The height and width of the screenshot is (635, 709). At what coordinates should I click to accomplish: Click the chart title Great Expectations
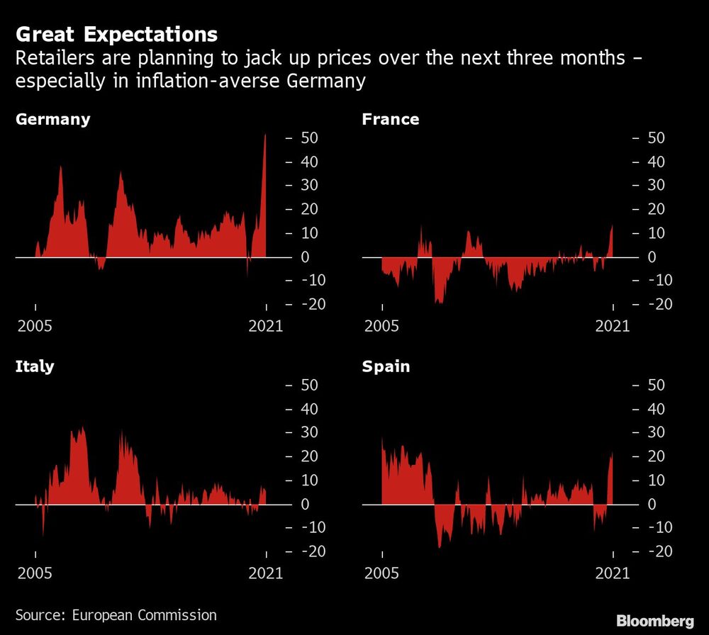(x=116, y=34)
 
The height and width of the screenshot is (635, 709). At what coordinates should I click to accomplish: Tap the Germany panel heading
(x=53, y=119)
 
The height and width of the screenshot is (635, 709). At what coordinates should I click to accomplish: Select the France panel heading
(x=390, y=119)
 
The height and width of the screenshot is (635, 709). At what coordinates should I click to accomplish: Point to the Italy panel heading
(x=35, y=366)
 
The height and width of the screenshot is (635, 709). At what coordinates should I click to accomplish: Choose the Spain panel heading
(x=386, y=366)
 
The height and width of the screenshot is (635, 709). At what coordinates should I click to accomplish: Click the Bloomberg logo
(x=654, y=621)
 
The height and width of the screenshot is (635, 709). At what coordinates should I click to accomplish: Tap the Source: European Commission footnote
(x=116, y=614)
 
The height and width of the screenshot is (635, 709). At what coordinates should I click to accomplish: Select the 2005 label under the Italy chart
(x=35, y=573)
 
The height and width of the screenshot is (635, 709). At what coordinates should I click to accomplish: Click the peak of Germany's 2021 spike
(x=265, y=136)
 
